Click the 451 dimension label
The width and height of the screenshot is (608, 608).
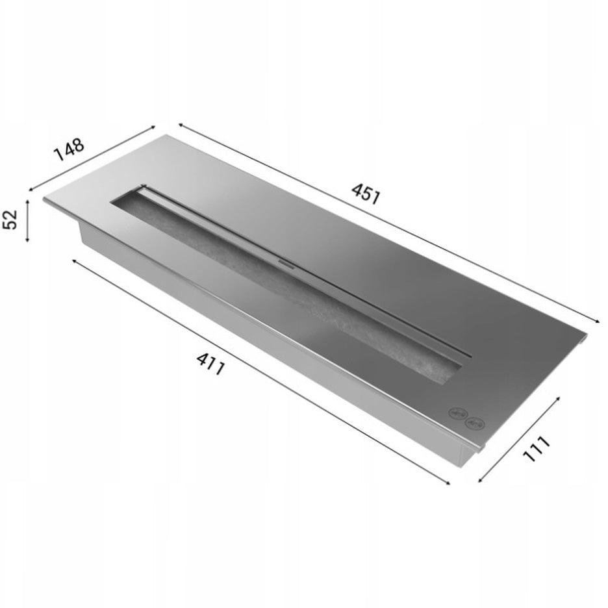pos(365,193)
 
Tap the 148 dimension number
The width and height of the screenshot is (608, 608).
pos(69,149)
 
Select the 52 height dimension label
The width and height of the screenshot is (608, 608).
pos(11,220)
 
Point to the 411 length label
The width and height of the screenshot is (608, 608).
pos(210,364)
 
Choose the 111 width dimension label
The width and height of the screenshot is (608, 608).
pos(537,449)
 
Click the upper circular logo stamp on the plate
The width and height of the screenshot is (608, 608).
pos(456,413)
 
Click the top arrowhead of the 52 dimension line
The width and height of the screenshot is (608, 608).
pos(27,202)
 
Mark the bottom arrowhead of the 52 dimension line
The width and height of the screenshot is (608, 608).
pos(27,240)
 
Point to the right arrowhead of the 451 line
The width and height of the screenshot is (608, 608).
pos(598,320)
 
